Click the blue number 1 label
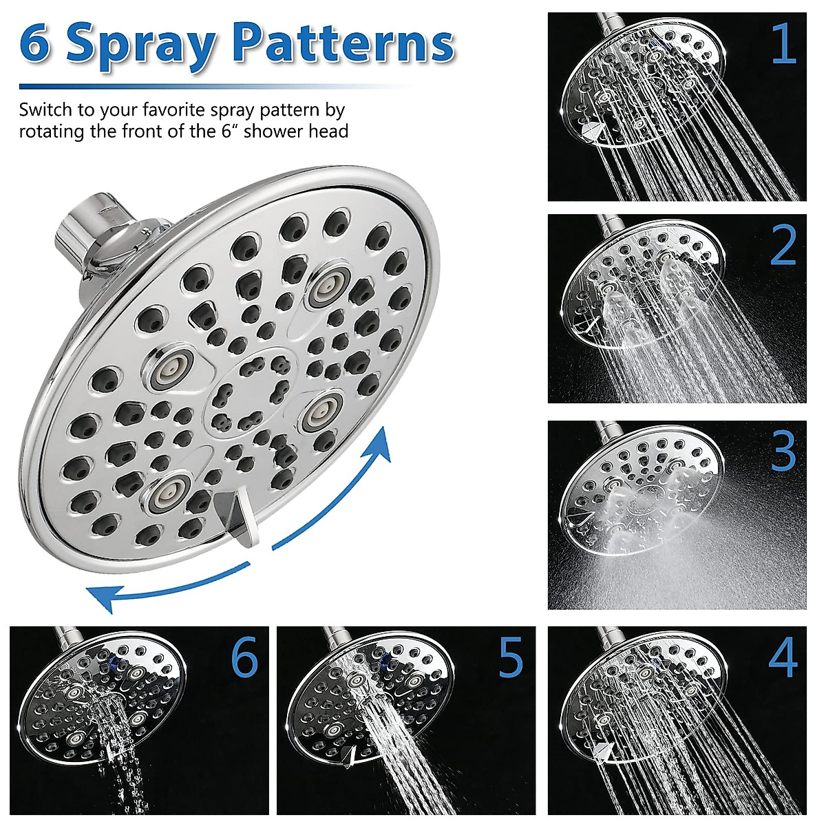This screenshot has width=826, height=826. tap(783, 43)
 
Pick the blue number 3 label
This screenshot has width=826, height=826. tap(783, 451)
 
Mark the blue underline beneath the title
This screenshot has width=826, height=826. tap(213, 87)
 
